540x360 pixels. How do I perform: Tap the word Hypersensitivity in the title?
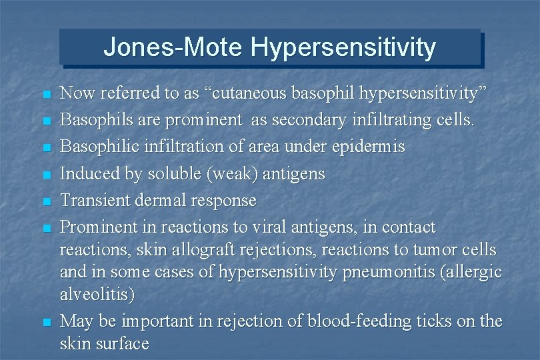(343, 48)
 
